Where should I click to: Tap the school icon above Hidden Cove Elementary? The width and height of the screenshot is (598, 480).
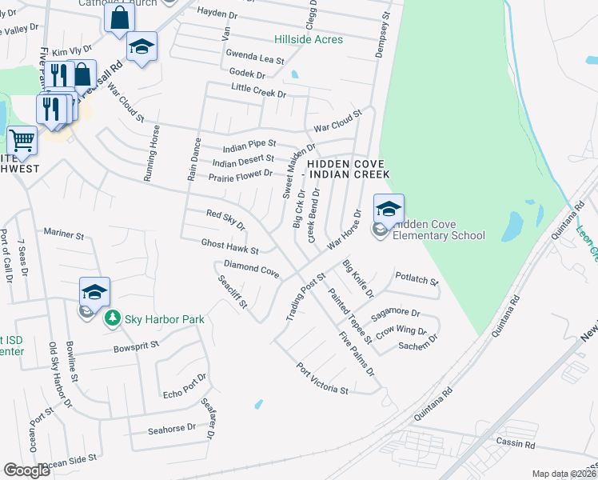click(389, 210)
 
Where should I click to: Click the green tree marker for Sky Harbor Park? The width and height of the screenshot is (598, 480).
click(113, 319)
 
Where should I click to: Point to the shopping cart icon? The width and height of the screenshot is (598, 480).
click(22, 141)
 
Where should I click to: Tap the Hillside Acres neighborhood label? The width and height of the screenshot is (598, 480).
click(308, 39)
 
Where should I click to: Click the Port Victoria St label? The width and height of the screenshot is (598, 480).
click(322, 380)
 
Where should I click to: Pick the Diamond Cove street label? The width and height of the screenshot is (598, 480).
click(251, 268)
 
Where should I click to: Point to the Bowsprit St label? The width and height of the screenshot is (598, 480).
click(137, 349)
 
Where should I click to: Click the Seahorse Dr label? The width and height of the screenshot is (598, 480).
click(172, 429)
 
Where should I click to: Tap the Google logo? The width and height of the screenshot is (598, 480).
click(26, 470)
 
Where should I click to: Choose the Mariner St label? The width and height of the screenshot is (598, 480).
click(64, 234)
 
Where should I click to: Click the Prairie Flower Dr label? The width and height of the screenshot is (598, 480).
click(241, 175)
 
